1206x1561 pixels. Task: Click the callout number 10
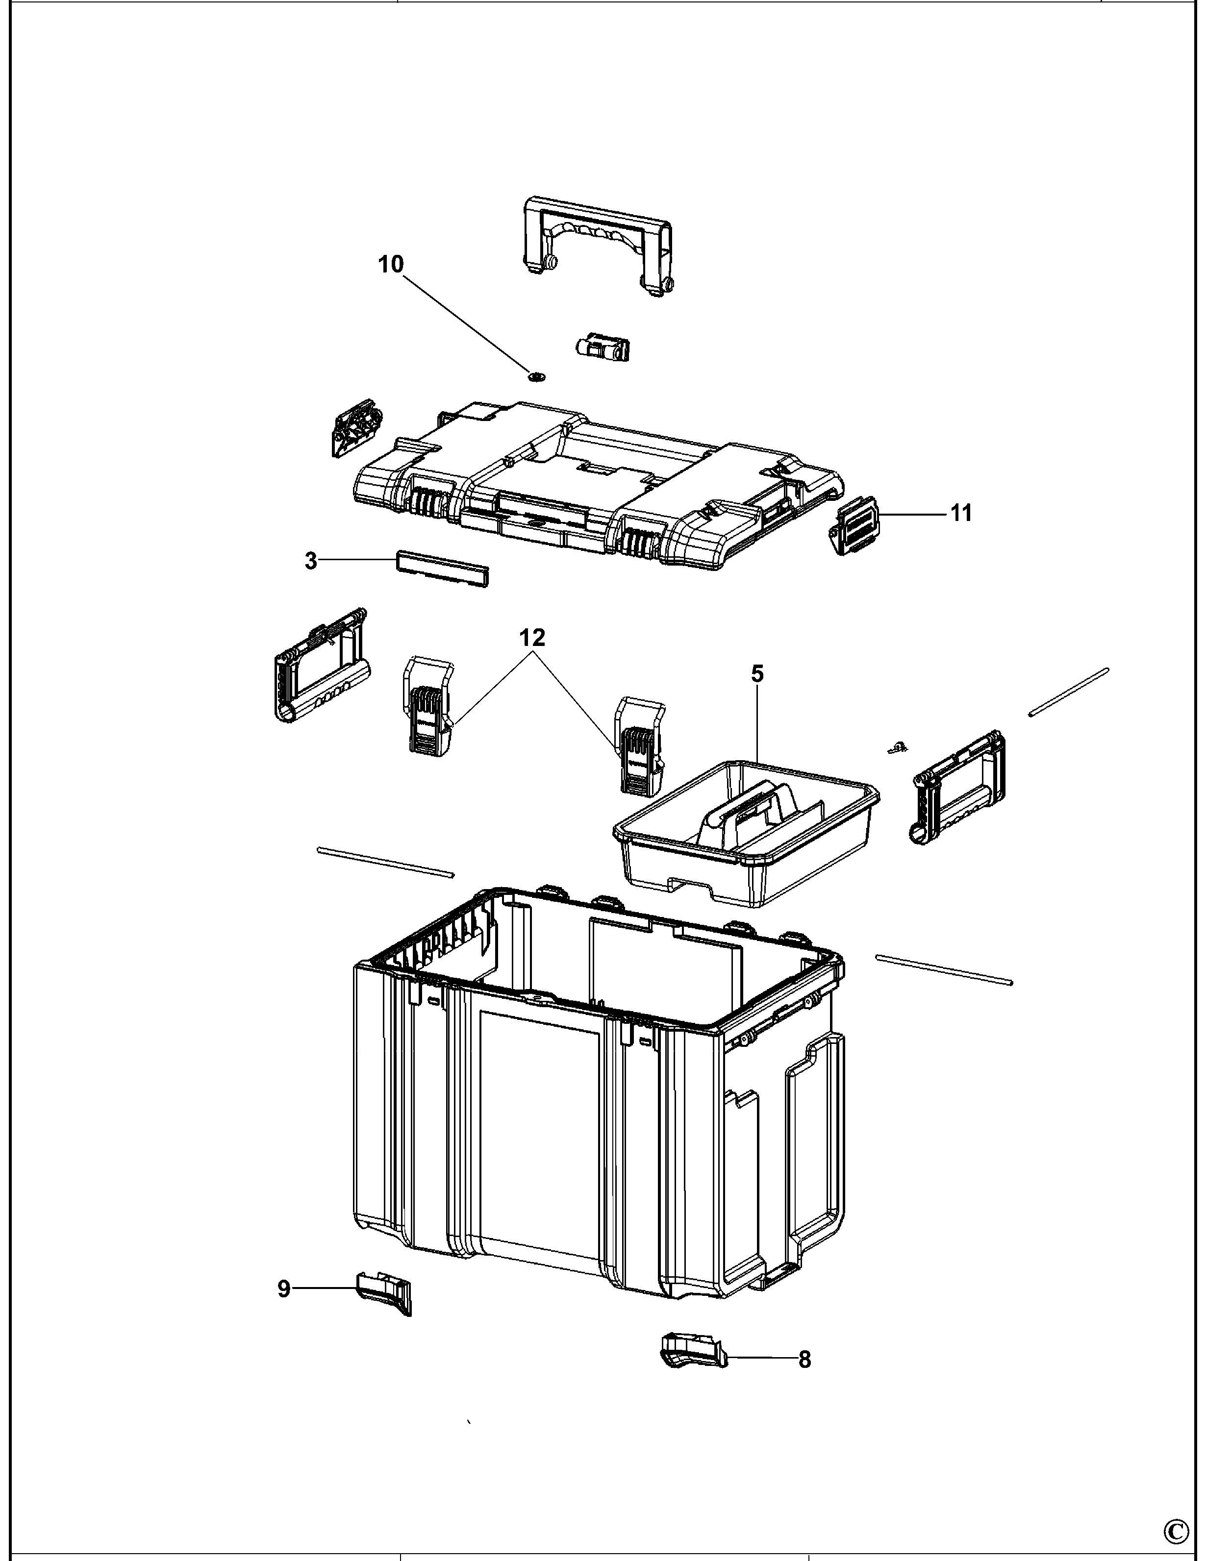pos(390,265)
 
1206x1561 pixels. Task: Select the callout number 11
pos(961,513)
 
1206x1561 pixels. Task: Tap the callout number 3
pos(311,561)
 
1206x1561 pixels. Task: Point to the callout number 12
pos(532,637)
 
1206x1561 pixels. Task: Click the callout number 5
pos(757,673)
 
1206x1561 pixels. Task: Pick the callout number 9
pos(284,1310)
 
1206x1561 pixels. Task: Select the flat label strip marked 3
pos(443,568)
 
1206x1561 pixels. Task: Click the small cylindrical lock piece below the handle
pos(602,347)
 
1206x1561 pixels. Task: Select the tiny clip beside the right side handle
pos(896,747)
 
